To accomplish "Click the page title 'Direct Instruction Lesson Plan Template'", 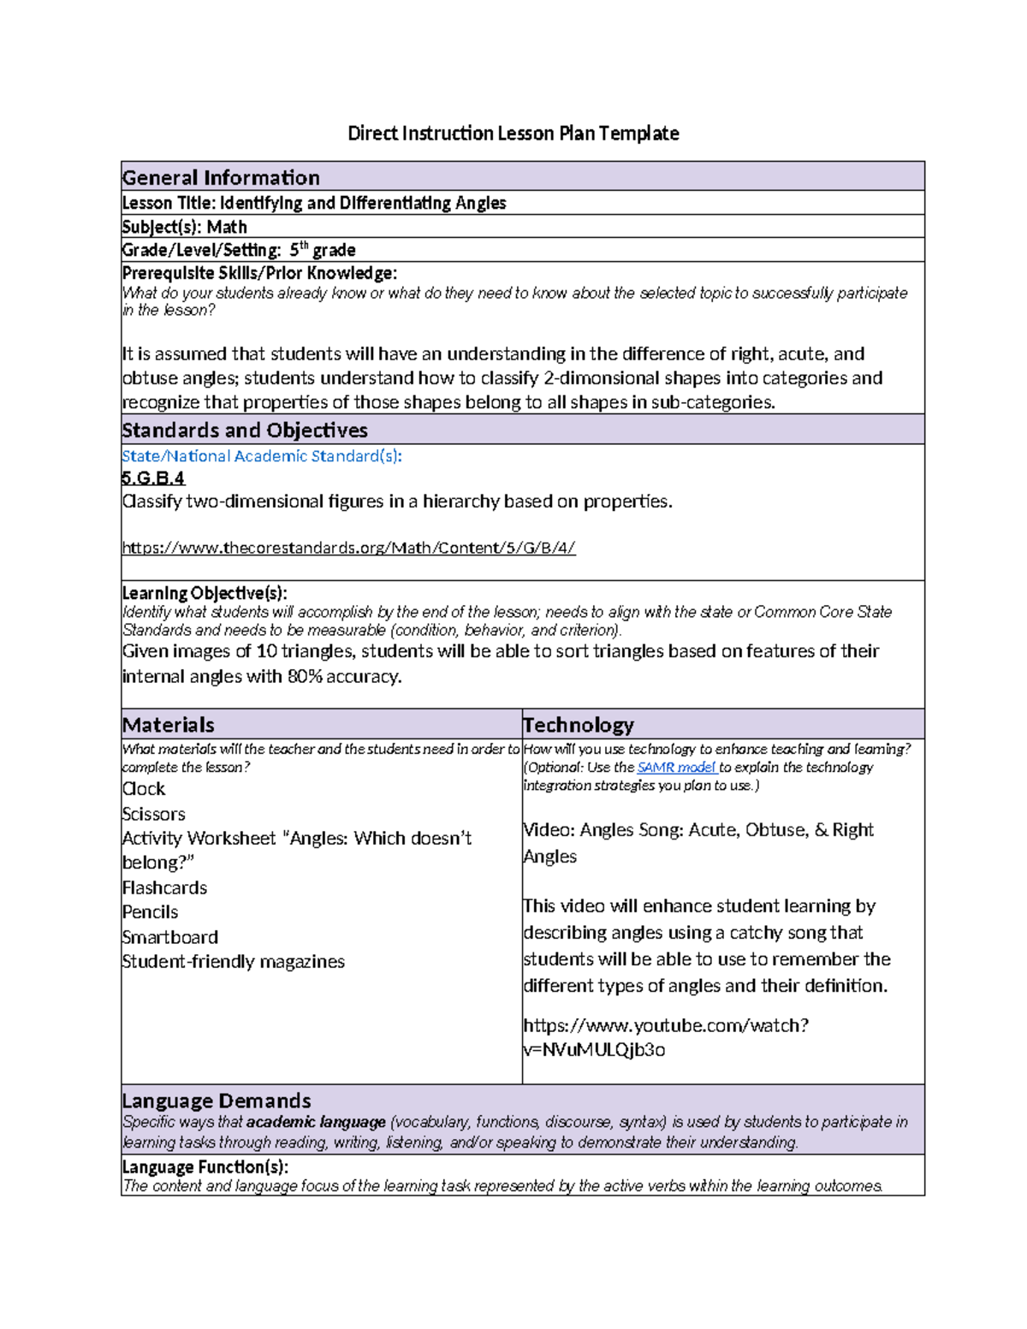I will point(513,133).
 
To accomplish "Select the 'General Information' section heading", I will point(221,177).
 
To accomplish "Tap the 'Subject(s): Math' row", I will point(184,227).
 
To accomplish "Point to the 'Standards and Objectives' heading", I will point(245,430).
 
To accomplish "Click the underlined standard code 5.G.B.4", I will point(153,478).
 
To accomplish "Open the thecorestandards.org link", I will point(348,548).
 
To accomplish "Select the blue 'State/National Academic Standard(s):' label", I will point(262,456).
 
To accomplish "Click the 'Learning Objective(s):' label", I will point(205,593).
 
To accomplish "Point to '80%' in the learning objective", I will point(307,676).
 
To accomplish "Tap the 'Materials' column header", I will point(169,725).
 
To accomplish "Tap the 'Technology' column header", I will point(579,725).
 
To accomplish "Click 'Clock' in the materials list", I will point(144,789).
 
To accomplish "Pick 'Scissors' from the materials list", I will point(154,814).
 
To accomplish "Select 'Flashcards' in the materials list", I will point(165,887).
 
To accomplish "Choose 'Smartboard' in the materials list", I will point(170,937).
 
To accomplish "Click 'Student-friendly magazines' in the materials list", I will point(234,962).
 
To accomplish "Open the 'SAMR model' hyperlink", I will point(676,768).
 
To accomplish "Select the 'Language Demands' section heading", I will point(217,1101).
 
